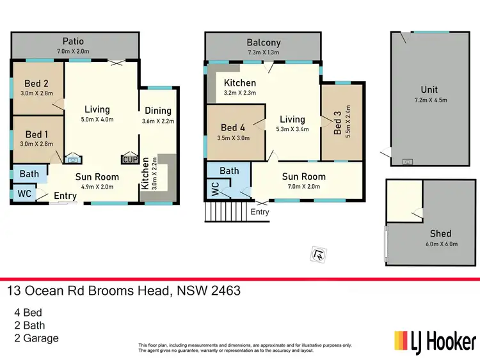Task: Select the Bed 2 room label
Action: pyautogui.click(x=37, y=83)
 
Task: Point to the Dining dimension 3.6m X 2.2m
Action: pyautogui.click(x=158, y=121)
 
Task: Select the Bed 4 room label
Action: pyautogui.click(x=233, y=127)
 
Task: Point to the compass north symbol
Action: pyautogui.click(x=316, y=254)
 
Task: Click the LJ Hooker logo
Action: pyautogui.click(x=435, y=340)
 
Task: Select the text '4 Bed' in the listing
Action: pyautogui.click(x=28, y=313)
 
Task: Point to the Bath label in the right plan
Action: pyautogui.click(x=229, y=171)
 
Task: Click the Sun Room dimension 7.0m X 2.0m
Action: pyautogui.click(x=304, y=187)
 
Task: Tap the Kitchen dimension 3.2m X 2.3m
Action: pyautogui.click(x=240, y=93)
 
